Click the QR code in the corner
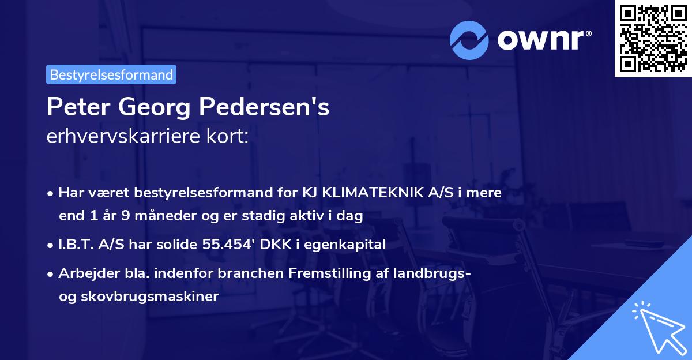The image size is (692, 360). [x=653, y=38]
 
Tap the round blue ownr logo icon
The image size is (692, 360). [x=470, y=40]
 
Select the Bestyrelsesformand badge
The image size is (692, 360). [x=111, y=74]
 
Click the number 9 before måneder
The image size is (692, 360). [x=123, y=216]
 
